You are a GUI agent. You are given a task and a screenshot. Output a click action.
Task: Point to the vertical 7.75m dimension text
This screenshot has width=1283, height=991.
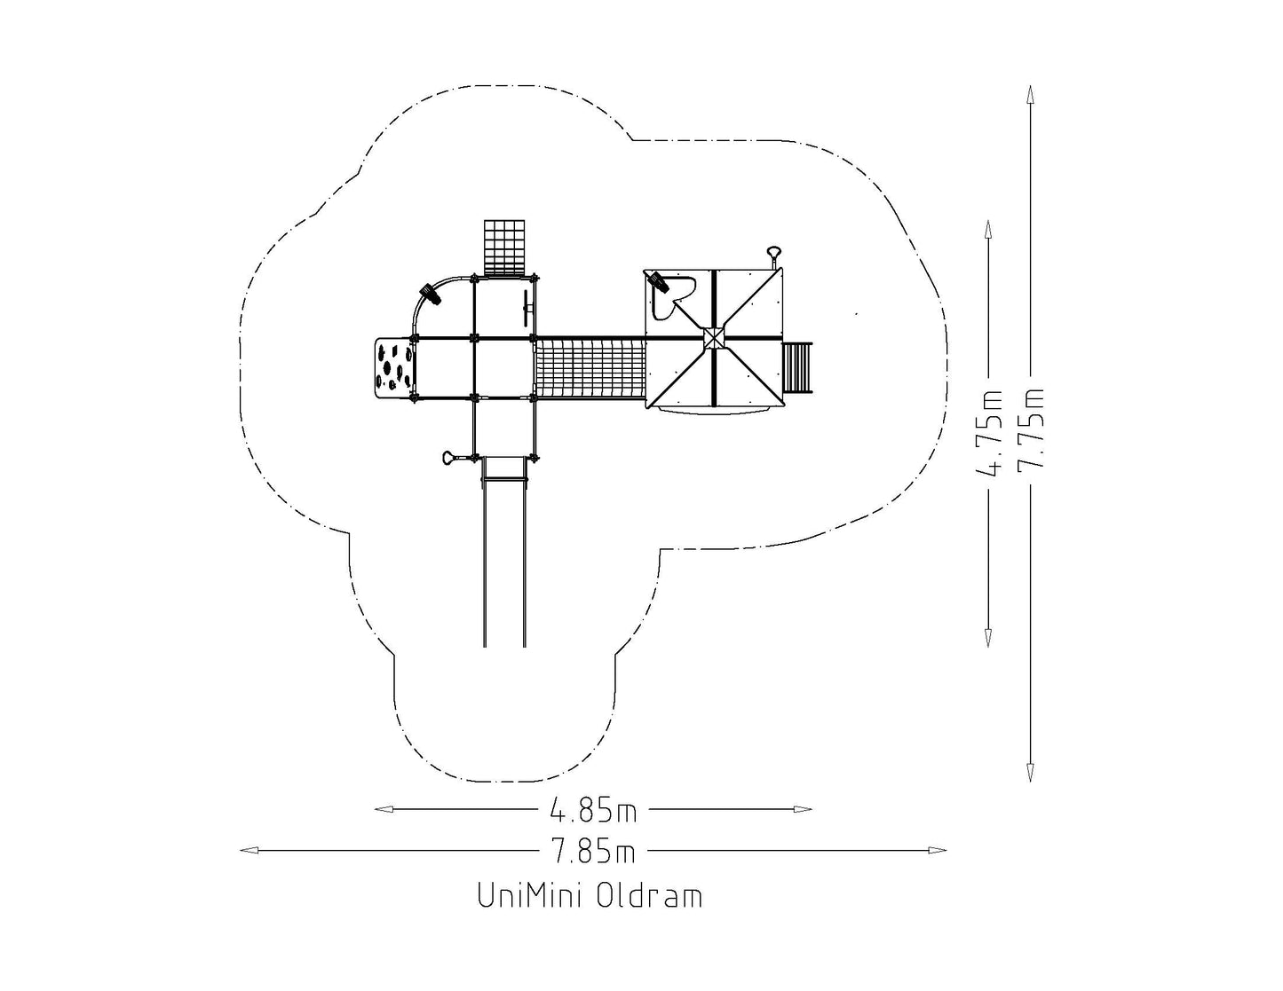tap(1031, 429)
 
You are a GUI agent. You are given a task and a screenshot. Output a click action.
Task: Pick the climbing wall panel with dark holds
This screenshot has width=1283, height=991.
tap(394, 368)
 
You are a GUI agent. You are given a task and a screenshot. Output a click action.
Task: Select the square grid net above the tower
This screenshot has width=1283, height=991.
tap(504, 248)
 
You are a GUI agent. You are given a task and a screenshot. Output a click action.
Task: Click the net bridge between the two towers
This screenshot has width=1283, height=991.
tap(590, 369)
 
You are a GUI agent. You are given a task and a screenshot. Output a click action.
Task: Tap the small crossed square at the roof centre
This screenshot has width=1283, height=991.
tap(714, 339)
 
